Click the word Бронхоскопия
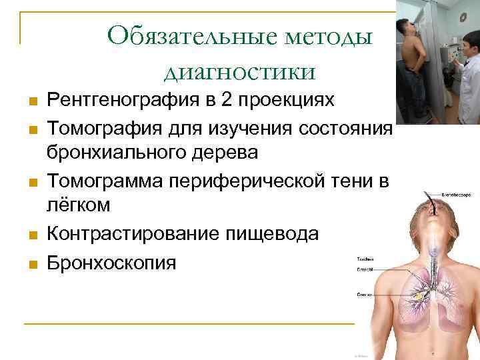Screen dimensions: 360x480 coord(111,261)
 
